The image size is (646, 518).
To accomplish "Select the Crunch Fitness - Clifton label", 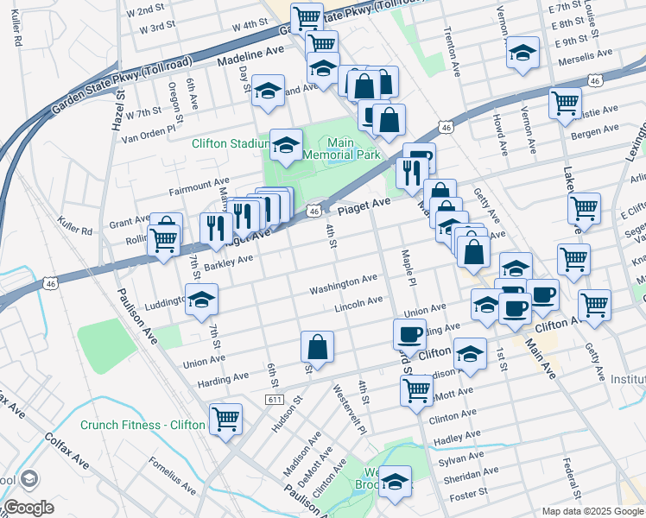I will pos(142,425).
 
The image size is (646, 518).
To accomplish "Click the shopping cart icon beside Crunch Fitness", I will pos(225,420).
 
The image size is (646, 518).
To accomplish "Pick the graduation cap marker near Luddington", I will pos(201,299).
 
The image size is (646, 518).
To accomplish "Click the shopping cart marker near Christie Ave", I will pos(565,102).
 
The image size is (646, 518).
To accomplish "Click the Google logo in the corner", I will pos(28,508).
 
